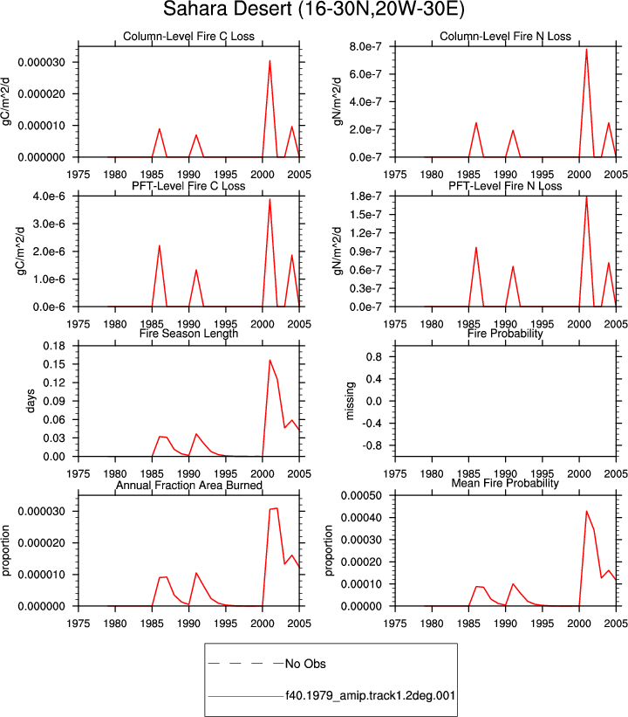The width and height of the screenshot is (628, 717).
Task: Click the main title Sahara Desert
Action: (x=227, y=9)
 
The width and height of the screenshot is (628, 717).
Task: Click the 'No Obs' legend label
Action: (x=305, y=664)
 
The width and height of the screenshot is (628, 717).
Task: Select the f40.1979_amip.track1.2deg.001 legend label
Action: (x=371, y=695)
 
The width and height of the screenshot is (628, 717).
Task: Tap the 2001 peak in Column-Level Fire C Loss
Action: (x=270, y=61)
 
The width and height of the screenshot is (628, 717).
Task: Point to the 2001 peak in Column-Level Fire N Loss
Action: (x=586, y=50)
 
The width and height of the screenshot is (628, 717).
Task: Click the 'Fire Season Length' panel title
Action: (x=188, y=333)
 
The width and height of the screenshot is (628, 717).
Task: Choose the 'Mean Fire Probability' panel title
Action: (x=505, y=483)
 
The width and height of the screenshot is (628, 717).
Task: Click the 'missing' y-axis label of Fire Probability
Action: (x=350, y=401)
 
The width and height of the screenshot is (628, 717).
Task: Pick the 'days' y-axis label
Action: (x=31, y=401)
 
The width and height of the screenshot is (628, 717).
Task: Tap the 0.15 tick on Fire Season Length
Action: (x=54, y=364)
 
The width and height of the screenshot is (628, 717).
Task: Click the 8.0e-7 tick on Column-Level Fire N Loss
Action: (x=365, y=46)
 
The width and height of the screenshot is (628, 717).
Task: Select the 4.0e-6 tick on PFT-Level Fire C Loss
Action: (x=49, y=196)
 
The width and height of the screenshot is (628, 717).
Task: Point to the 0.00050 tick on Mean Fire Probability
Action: (x=361, y=496)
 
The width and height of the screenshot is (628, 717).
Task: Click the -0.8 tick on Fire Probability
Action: (x=372, y=445)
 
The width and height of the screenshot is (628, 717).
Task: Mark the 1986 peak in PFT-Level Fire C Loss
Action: (x=160, y=246)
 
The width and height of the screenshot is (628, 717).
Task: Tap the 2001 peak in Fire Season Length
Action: (x=270, y=361)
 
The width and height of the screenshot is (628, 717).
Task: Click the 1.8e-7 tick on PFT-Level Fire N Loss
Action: (x=365, y=196)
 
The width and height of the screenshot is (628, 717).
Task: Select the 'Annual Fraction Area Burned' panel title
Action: (x=188, y=486)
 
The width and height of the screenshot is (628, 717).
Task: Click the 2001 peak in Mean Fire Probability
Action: (x=586, y=511)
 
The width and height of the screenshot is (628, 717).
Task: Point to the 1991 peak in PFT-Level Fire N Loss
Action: (x=513, y=266)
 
